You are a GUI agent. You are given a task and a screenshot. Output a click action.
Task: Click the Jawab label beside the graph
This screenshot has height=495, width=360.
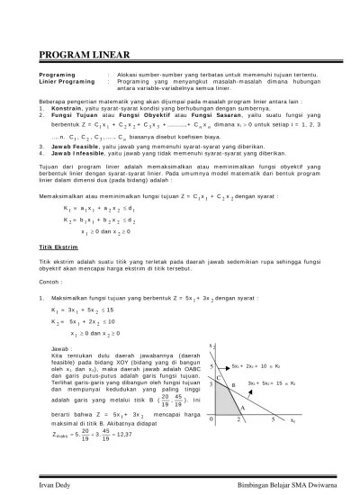click(61, 345)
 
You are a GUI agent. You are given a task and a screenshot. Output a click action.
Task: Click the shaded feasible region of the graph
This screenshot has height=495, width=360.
click(223, 400)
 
